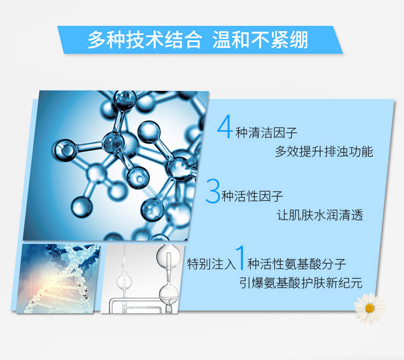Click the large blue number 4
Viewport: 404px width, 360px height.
coord(226,126)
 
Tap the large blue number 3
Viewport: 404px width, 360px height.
coord(213,191)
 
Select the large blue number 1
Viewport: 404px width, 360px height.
coord(241,258)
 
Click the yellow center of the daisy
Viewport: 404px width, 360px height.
coord(370,308)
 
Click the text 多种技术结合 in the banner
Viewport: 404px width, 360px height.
coord(144,40)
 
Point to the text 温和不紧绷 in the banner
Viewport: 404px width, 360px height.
coord(260,40)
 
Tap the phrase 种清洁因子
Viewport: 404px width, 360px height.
coord(267,133)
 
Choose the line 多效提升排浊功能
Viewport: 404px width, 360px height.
coord(324,151)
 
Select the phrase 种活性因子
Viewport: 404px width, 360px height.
coord(252,196)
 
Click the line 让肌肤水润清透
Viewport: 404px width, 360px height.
coord(320,215)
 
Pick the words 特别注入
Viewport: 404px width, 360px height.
coord(211,264)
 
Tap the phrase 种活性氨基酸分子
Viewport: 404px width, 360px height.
coord(297,264)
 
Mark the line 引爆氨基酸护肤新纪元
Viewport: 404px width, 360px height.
coord(301,283)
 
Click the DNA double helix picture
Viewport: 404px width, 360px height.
coord(58,279)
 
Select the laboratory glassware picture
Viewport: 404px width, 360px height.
coord(143,279)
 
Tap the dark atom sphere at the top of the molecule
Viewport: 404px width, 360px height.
coord(125,100)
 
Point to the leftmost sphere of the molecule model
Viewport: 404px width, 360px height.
coord(65,150)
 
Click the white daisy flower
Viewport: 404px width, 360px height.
coord(370,308)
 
